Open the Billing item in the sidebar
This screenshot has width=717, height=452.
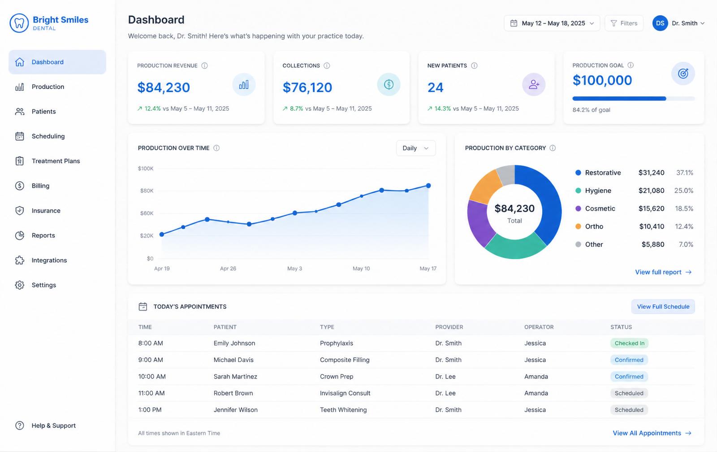click(40, 186)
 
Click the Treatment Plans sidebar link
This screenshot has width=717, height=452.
click(56, 161)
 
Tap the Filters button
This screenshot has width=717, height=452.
click(624, 23)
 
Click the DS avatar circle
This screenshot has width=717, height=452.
click(660, 23)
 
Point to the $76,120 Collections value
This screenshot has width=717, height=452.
click(307, 87)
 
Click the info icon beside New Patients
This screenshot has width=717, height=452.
click(475, 65)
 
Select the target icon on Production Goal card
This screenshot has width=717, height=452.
click(683, 74)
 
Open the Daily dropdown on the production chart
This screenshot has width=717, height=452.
click(416, 148)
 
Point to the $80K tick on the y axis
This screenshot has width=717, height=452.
click(147, 191)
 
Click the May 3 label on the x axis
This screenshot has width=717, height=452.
click(294, 269)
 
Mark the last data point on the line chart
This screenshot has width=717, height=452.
click(428, 186)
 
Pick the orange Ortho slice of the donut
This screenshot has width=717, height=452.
click(484, 186)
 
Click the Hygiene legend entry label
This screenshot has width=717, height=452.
click(598, 191)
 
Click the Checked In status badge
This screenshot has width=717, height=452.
click(629, 343)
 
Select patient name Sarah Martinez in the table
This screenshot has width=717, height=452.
click(235, 376)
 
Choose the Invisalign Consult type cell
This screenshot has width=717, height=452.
click(345, 393)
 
